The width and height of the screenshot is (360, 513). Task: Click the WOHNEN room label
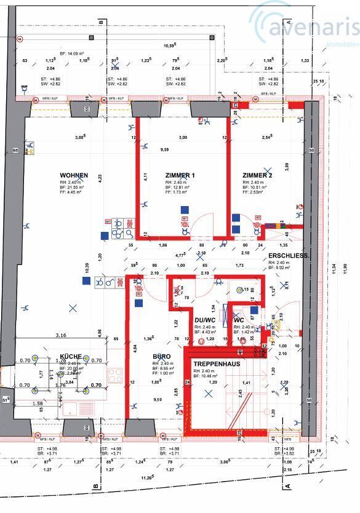click(x=74, y=175)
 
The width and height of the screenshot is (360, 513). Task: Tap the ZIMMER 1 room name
click(x=180, y=175)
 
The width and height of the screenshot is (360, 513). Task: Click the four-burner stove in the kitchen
click(x=116, y=375)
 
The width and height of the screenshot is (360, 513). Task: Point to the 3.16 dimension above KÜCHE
click(x=60, y=336)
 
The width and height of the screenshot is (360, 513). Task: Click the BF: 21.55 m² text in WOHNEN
click(x=74, y=187)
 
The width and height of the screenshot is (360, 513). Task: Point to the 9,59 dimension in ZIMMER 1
click(x=164, y=149)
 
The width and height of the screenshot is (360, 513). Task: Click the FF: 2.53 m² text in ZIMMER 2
click(x=255, y=193)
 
